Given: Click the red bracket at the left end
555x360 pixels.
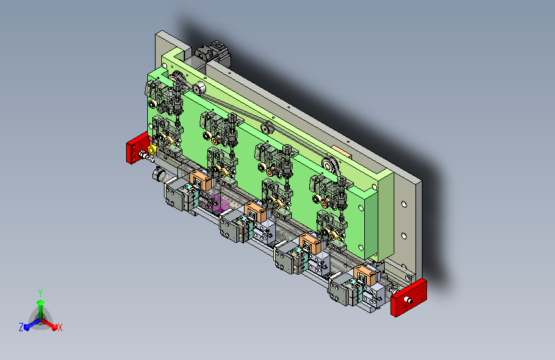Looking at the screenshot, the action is (136, 148).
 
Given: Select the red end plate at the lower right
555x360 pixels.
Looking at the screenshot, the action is (409, 298).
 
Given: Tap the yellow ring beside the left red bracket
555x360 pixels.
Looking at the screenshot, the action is (152, 149).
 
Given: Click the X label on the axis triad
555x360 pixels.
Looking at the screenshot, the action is (60, 328).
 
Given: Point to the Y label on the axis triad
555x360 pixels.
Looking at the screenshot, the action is (40, 293).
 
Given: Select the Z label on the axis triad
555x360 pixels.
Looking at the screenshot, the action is (21, 327).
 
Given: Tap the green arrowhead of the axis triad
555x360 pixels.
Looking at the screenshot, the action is (40, 302).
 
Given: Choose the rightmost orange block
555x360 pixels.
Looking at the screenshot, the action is (365, 275).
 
